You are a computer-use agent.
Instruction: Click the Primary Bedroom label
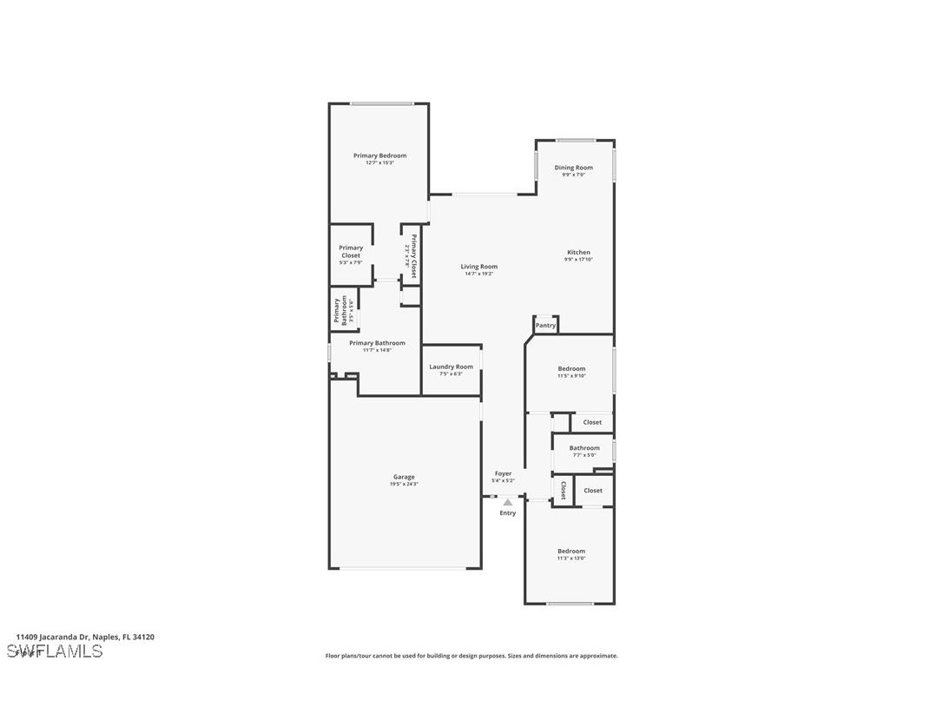379,155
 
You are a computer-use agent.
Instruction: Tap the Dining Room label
573,168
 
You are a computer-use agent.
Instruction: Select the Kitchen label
578,253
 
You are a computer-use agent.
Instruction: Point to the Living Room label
478,267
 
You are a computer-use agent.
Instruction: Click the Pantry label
545,326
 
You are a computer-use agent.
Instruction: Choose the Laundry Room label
452,367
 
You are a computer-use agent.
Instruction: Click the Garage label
404,477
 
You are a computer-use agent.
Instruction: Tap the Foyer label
503,473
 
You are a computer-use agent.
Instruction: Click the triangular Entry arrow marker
508,502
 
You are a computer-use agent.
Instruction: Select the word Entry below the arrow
508,513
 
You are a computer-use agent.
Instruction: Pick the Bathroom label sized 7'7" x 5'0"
584,448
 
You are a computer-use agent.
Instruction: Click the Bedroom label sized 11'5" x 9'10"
571,368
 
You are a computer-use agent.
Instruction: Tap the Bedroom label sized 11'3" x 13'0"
571,551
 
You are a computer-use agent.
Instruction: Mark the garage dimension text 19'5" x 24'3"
404,484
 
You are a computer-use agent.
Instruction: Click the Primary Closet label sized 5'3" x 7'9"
351,252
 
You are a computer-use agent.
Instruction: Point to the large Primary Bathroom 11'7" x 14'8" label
377,343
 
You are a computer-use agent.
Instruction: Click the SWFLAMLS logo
55,651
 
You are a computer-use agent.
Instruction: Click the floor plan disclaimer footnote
471,656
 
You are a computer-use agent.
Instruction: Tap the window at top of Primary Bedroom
381,103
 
